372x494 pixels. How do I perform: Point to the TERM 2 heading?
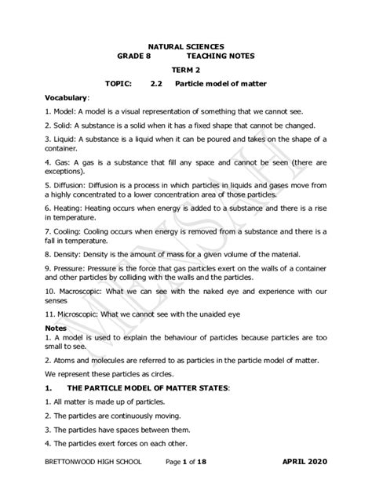pyautogui.click(x=186, y=69)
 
